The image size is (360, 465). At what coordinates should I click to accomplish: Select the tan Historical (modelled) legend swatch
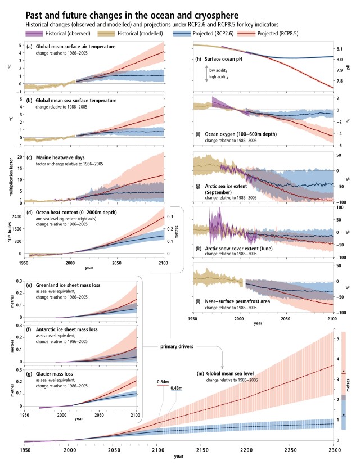click(114, 34)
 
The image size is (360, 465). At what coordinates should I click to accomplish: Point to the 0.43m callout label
click(177, 389)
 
